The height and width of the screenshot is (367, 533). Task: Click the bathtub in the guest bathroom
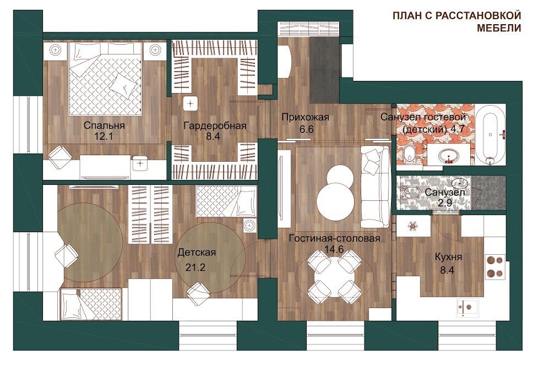click(x=490, y=135)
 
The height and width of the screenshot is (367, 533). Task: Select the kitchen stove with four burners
click(x=494, y=266)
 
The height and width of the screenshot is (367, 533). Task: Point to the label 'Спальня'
click(x=104, y=125)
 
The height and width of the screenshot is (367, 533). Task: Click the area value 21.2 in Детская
click(x=195, y=267)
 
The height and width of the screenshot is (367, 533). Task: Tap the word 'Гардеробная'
click(x=215, y=126)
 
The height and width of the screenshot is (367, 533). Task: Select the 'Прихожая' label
click(x=305, y=118)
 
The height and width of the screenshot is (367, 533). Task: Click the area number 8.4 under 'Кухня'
click(x=447, y=270)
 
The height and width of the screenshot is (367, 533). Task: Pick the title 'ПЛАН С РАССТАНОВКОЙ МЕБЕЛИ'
click(x=457, y=21)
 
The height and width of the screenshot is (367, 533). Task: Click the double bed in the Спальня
click(x=105, y=79)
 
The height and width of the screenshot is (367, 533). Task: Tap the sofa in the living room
click(x=376, y=187)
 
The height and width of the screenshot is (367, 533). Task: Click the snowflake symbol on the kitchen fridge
click(x=412, y=226)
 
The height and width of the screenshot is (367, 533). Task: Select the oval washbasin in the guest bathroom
click(x=448, y=156)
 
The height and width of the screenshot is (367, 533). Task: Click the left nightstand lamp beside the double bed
click(x=55, y=50)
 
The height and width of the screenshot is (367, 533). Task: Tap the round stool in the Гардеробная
click(x=191, y=103)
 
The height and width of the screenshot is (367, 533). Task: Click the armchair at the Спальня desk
click(x=60, y=157)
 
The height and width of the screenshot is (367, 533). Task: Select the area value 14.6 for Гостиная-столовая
click(x=334, y=249)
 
